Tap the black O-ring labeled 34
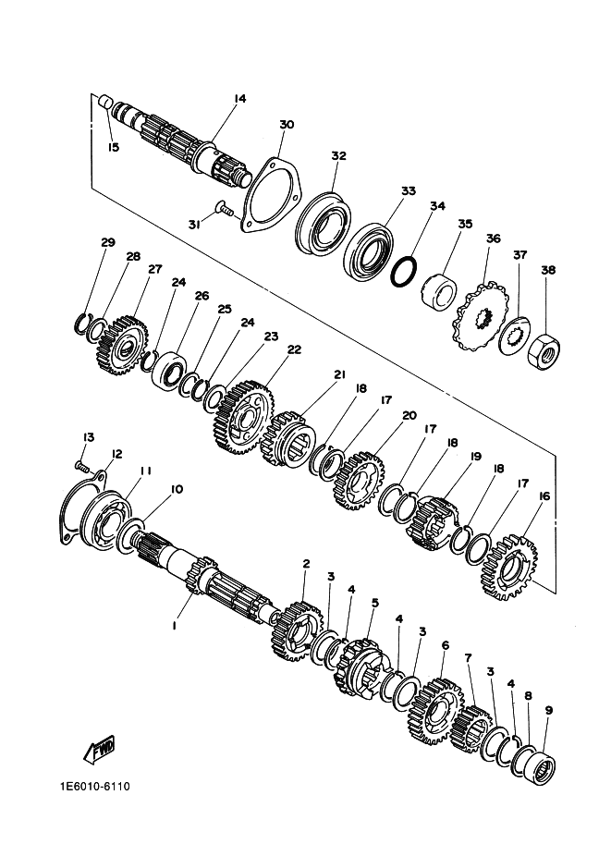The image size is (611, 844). pyautogui.click(x=404, y=272)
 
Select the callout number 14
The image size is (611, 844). pyautogui.click(x=239, y=99)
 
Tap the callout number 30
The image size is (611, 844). pyautogui.click(x=286, y=125)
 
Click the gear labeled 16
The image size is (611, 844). pyautogui.click(x=507, y=567)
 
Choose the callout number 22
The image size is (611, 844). pyautogui.click(x=294, y=350)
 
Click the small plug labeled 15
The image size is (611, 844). pyautogui.click(x=105, y=100)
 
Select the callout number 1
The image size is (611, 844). pyautogui.click(x=174, y=626)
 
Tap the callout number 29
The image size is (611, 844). pyautogui.click(x=108, y=242)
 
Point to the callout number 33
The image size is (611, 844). pyautogui.click(x=408, y=191)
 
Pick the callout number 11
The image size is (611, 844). pyautogui.click(x=145, y=471)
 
